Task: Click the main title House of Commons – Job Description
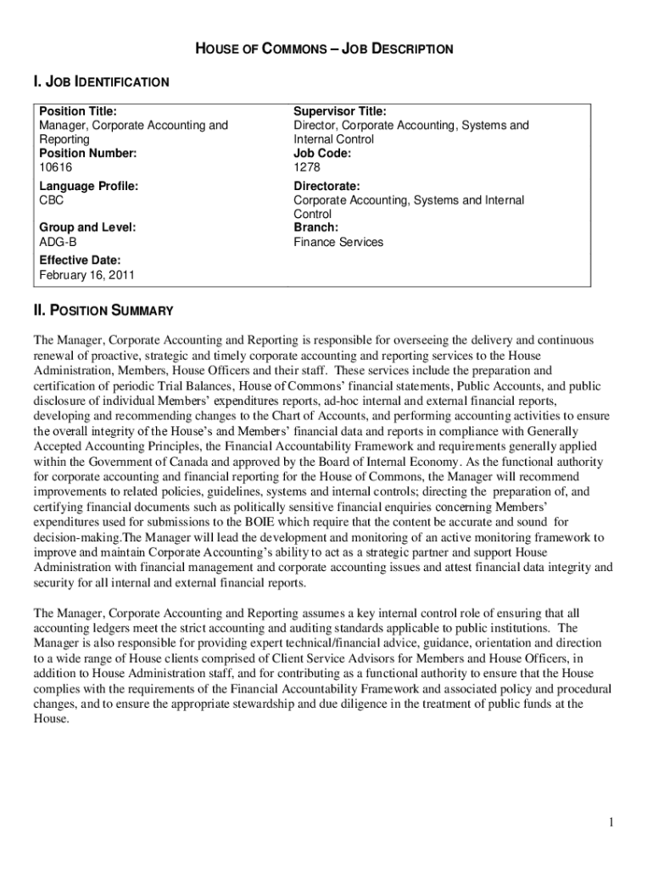coord(326,49)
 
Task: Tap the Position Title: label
coord(78,111)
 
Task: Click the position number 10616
coord(56,167)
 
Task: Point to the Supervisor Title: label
coord(340,111)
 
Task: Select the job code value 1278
coord(307,167)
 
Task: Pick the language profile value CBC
coord(52,200)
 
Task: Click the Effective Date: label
coord(81,261)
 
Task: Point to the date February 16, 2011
coord(87,275)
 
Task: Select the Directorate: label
coord(326,186)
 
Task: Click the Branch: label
coord(315,227)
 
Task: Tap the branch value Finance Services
coord(338,242)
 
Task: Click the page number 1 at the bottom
coord(611,822)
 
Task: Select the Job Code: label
coord(322,154)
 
